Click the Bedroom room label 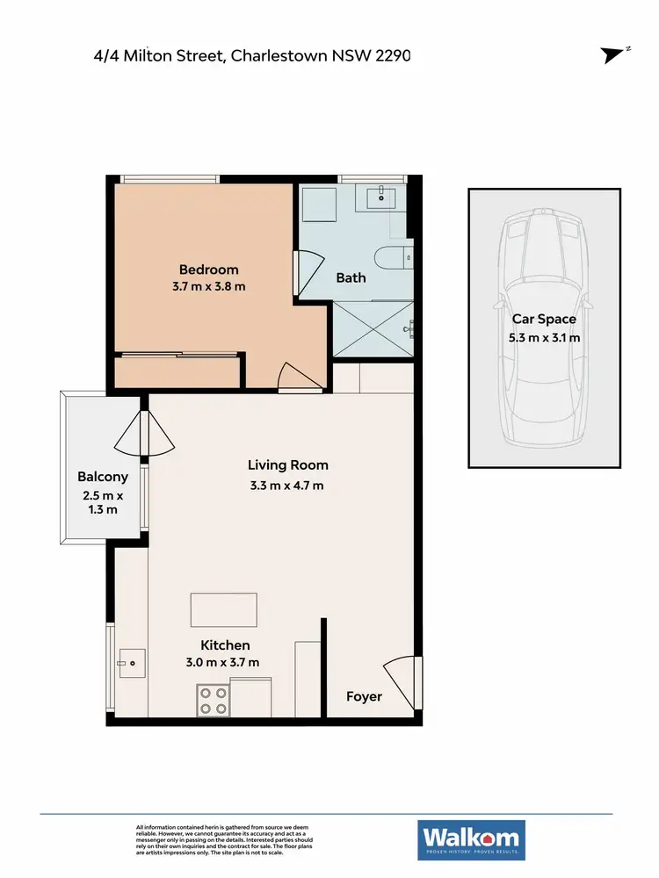tap(208, 270)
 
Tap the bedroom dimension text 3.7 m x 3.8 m tap(208, 286)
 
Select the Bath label tap(351, 277)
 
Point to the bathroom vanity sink tap(382, 198)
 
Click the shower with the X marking tap(373, 329)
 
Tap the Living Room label tap(287, 465)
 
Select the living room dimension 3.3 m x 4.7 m tap(287, 486)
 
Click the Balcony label tap(103, 478)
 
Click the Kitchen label tap(225, 645)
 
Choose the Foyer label tap(364, 696)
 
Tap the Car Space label tap(544, 320)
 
